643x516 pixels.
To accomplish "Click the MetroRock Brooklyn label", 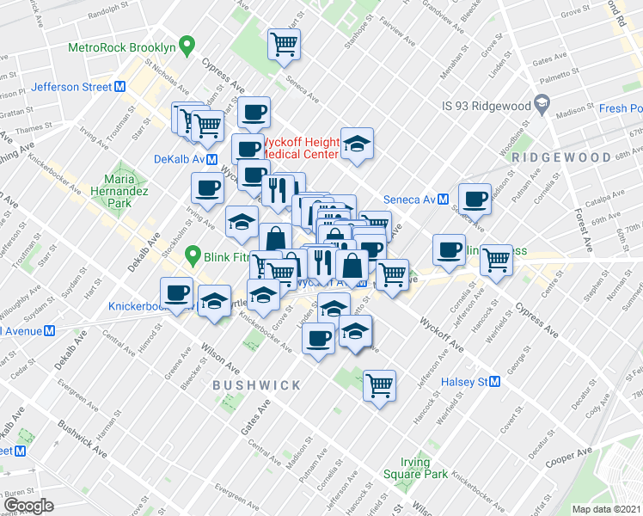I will pos(120,48).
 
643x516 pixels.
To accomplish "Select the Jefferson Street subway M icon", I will pos(120,87).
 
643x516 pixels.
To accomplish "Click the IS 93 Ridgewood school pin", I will pos(542,105).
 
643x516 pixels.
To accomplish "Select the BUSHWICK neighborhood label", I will pos(256,385).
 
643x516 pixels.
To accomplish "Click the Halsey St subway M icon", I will pos(495,381).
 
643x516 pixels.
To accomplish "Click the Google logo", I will pos(28,506).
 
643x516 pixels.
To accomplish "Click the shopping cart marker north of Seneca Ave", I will pos(285,45).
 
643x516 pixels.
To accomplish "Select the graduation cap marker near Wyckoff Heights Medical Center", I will pos(356,144).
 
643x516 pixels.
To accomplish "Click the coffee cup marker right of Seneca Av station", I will pos(475,200).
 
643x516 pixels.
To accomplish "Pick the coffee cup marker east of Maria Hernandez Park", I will pos(206,187).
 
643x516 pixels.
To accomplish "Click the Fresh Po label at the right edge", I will pos(621,108).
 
